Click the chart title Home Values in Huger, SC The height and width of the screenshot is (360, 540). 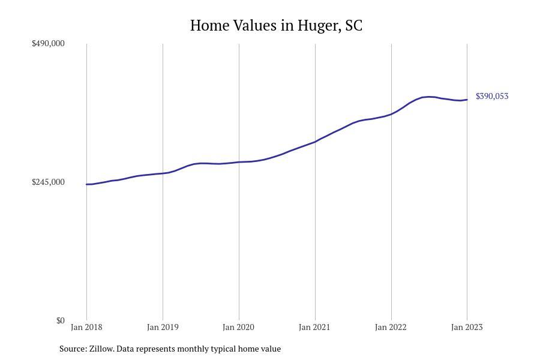pyautogui.click(x=276, y=26)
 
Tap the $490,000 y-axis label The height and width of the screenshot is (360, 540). pyautogui.click(x=48, y=43)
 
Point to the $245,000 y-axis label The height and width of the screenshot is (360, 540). pyautogui.click(x=48, y=182)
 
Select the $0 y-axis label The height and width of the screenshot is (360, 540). pyautogui.click(x=60, y=320)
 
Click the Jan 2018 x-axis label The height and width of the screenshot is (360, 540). pyautogui.click(x=86, y=327)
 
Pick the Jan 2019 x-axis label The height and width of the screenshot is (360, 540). pyautogui.click(x=163, y=327)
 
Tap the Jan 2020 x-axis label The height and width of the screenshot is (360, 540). pyautogui.click(x=238, y=327)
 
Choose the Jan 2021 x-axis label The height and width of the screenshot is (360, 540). pyautogui.click(x=314, y=327)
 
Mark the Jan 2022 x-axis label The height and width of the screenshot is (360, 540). pyautogui.click(x=391, y=327)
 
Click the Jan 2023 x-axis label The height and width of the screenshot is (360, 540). pyautogui.click(x=467, y=327)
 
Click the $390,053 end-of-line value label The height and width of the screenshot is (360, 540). pyautogui.click(x=492, y=96)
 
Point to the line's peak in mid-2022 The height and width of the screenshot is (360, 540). pyautogui.click(x=428, y=97)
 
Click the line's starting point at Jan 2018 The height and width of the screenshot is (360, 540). pyautogui.click(x=86, y=184)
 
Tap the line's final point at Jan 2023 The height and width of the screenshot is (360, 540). pyautogui.click(x=467, y=100)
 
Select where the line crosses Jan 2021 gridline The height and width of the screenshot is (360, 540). pyautogui.click(x=315, y=142)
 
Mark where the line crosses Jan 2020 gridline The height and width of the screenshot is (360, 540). pyautogui.click(x=239, y=162)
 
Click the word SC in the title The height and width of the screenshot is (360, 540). pyautogui.click(x=354, y=26)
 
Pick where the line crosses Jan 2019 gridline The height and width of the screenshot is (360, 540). pyautogui.click(x=163, y=173)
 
